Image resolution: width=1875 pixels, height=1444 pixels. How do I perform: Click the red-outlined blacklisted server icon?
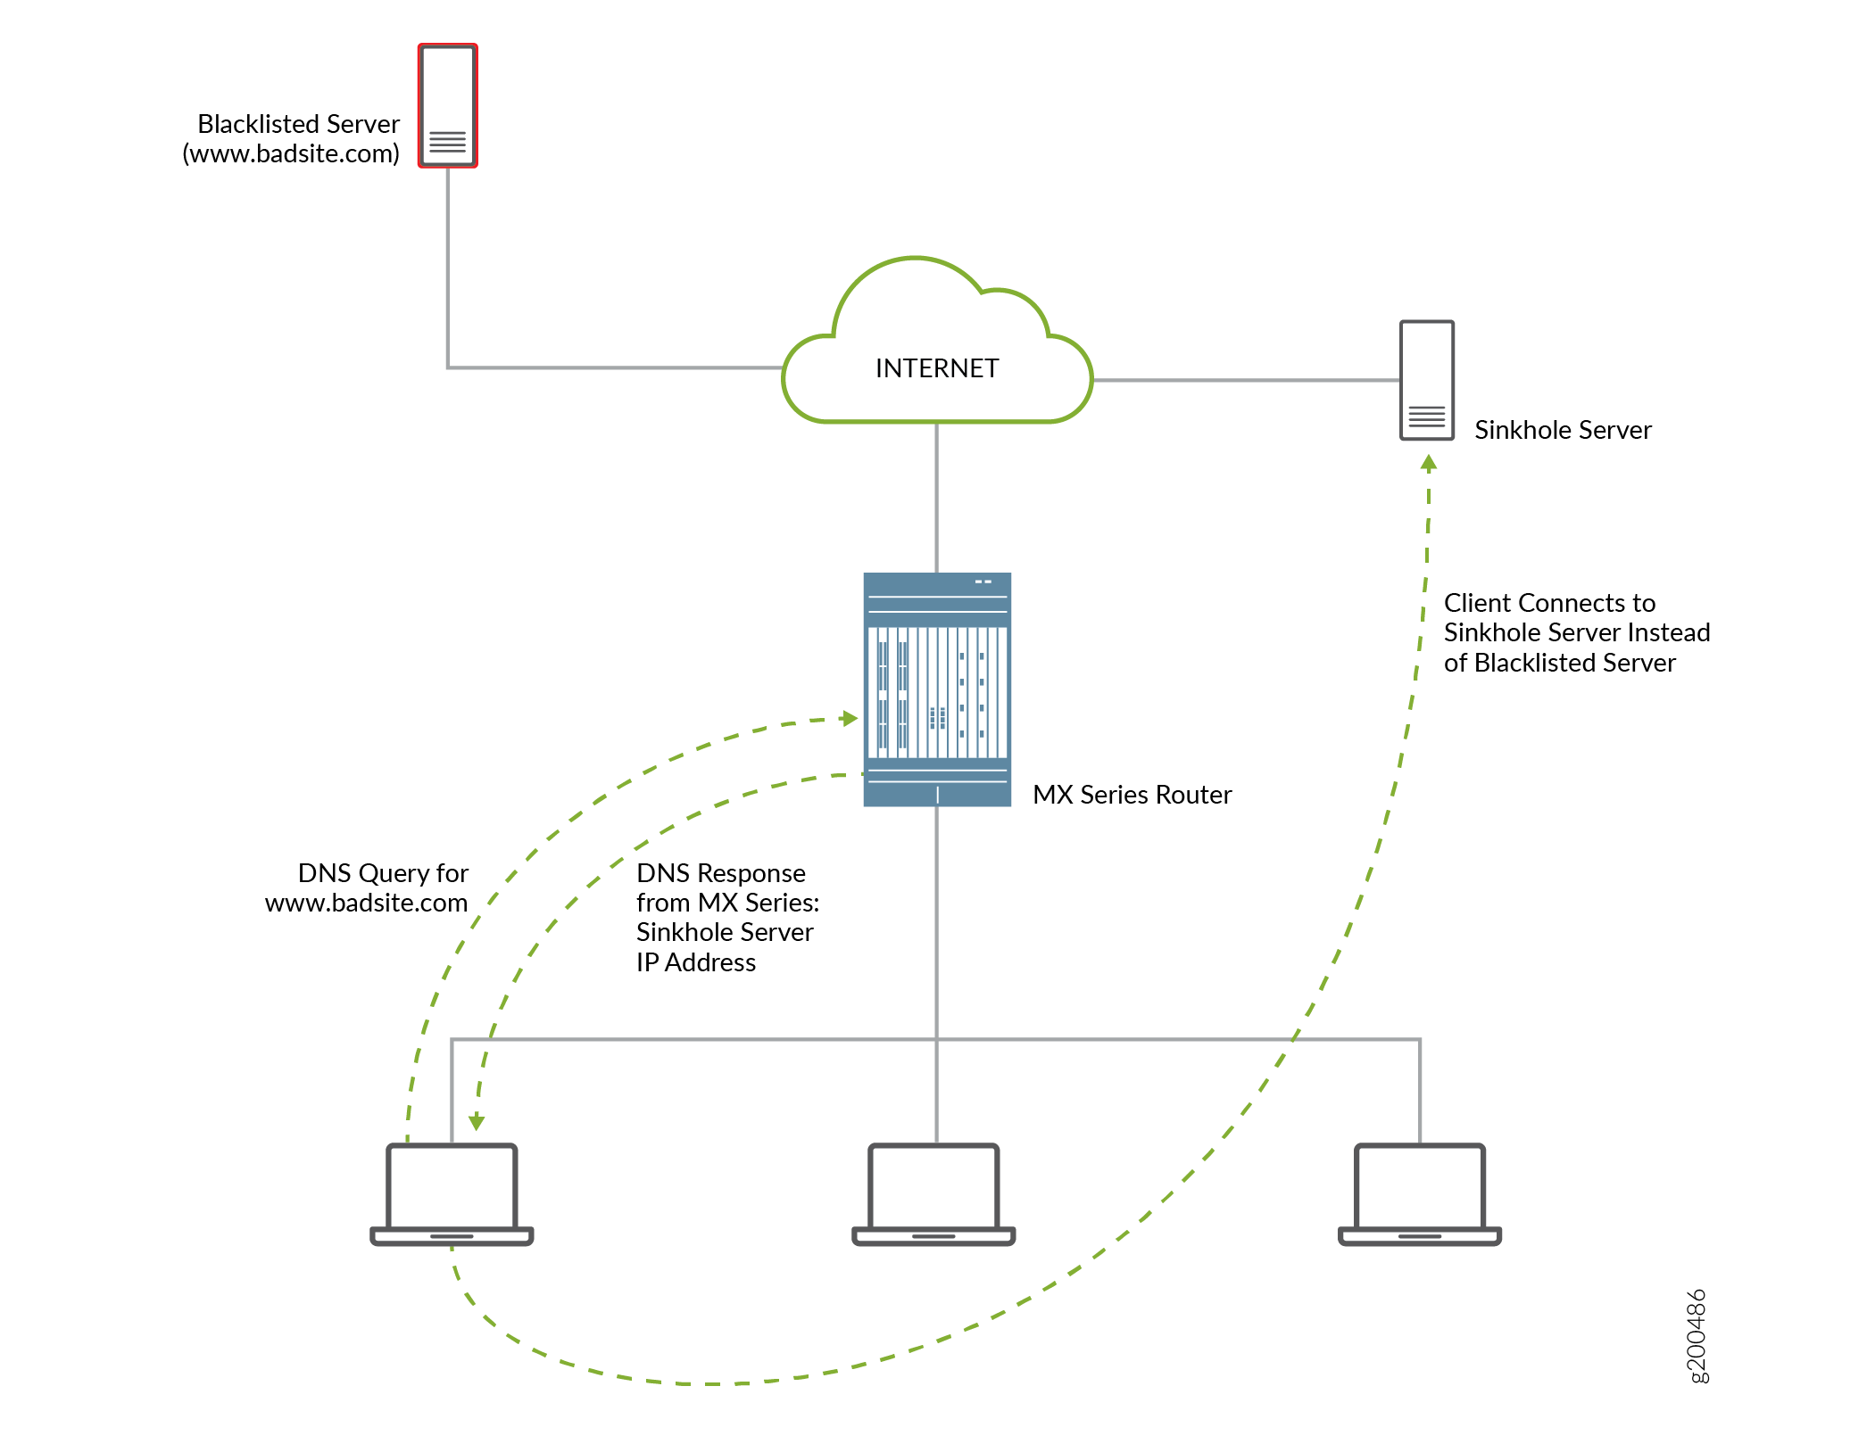447,105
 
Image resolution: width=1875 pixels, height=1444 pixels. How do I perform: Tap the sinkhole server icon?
1426,380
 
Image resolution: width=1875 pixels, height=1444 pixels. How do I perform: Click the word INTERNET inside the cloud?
936,368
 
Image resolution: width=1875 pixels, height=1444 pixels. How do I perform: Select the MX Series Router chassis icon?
936,689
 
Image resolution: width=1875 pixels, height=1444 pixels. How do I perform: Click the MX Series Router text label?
1132,795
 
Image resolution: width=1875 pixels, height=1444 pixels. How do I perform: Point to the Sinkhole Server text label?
1562,430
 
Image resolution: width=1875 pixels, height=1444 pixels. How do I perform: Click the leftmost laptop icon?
452,1194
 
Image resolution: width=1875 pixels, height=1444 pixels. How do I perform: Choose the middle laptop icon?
933,1194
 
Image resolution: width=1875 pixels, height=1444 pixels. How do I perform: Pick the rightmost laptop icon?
1419,1194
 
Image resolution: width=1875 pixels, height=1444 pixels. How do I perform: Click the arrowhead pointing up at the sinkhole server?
1429,463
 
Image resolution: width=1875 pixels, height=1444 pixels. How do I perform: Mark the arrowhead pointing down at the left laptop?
477,1122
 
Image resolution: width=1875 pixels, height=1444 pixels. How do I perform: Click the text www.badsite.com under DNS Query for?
366,903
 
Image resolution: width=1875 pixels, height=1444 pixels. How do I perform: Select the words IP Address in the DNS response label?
695,962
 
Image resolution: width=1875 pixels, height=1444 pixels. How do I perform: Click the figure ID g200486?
1697,1335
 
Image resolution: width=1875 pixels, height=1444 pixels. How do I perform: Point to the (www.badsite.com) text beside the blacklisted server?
291,153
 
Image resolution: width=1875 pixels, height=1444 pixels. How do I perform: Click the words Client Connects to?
1549,603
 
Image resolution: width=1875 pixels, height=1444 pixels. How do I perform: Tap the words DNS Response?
720,872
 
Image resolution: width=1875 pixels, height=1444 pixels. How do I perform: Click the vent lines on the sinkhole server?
1426,417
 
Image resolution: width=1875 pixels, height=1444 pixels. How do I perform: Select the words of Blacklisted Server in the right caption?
1559,663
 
